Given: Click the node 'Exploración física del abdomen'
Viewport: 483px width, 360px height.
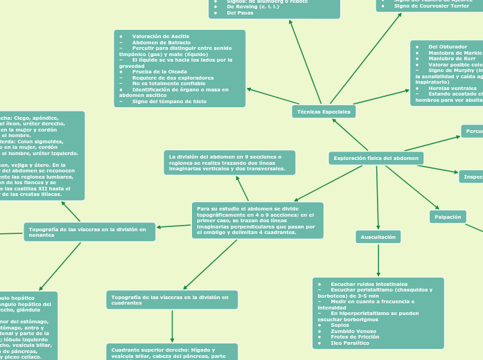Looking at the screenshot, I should pyautogui.click(x=376, y=159).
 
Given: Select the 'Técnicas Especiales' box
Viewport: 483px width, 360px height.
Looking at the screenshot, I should pyautogui.click(x=324, y=111).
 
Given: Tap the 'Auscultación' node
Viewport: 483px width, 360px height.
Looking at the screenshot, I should pyautogui.click(x=378, y=237).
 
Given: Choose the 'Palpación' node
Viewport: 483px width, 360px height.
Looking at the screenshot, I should pyautogui.click(x=448, y=217).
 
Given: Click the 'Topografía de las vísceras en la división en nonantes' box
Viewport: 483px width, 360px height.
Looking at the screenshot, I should pyautogui.click(x=89, y=232).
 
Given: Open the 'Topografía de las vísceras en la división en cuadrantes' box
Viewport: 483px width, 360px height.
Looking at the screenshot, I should pyautogui.click(x=172, y=300).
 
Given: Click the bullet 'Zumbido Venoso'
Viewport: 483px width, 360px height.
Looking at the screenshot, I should pyautogui.click(x=353, y=331).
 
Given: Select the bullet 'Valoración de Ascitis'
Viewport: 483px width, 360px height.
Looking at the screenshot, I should pyautogui.click(x=160, y=36).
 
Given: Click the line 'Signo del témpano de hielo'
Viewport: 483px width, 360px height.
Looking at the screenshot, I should pyautogui.click(x=169, y=102).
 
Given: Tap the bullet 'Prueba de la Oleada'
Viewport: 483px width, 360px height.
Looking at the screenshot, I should pyautogui.click(x=159, y=71).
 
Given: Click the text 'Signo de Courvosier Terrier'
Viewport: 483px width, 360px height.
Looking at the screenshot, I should pyautogui.click(x=431, y=6).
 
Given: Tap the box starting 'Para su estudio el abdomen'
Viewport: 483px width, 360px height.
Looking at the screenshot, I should pyautogui.click(x=257, y=220).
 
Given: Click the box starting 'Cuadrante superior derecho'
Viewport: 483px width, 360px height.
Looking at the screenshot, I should pyautogui.click(x=172, y=352).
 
